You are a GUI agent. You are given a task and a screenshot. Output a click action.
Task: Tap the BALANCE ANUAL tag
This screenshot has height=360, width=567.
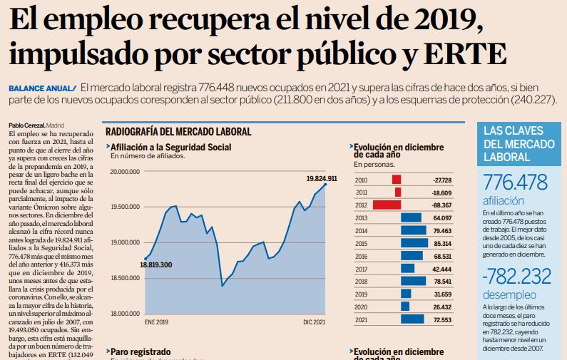click(x=41, y=87)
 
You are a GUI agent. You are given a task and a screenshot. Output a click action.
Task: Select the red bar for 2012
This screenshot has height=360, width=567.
click(x=387, y=205)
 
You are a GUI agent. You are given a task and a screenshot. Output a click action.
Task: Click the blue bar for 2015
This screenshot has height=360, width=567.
click(x=414, y=243)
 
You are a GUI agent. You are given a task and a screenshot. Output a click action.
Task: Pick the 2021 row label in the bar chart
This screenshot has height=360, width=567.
click(x=362, y=319)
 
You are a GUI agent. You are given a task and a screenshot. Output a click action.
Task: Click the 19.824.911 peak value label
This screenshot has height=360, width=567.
click(x=322, y=178)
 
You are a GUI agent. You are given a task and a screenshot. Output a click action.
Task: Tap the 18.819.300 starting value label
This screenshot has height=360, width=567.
click(x=156, y=264)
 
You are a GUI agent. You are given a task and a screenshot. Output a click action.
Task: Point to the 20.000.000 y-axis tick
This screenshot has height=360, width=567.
click(x=124, y=171)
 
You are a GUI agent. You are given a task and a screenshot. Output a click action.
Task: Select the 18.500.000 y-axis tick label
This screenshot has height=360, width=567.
click(x=124, y=278)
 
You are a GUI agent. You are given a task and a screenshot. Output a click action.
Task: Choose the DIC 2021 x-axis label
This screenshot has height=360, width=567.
click(x=314, y=323)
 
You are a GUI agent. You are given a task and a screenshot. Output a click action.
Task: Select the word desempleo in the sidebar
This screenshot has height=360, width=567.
click(x=509, y=294)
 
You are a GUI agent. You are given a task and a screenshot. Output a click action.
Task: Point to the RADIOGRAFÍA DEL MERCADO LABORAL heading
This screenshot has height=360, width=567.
click(x=178, y=132)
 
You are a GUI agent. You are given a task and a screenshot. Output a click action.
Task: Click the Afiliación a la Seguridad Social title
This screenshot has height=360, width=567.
click(x=171, y=147)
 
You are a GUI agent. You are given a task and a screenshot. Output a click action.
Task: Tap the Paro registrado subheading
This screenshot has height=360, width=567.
click(x=141, y=351)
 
